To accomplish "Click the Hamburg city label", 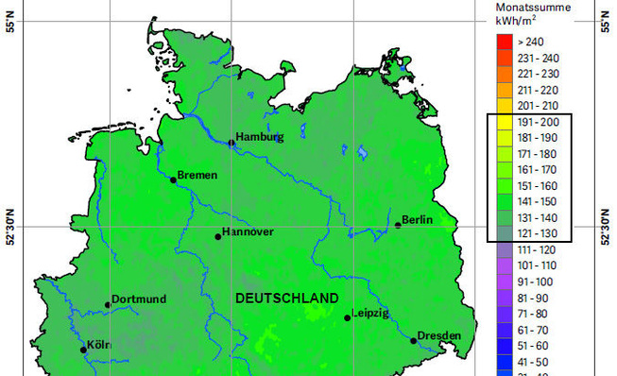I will click(x=260, y=137).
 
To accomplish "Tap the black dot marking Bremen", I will click(x=174, y=178).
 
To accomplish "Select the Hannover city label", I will click(x=249, y=232).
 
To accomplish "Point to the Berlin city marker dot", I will click(x=398, y=225).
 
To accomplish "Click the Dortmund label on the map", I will click(x=139, y=299).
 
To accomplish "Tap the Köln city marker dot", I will click(x=83, y=350).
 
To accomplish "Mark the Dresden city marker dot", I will click(x=414, y=340).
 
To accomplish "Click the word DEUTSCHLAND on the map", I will click(x=287, y=299).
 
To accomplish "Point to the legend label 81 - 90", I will click(x=537, y=299).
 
